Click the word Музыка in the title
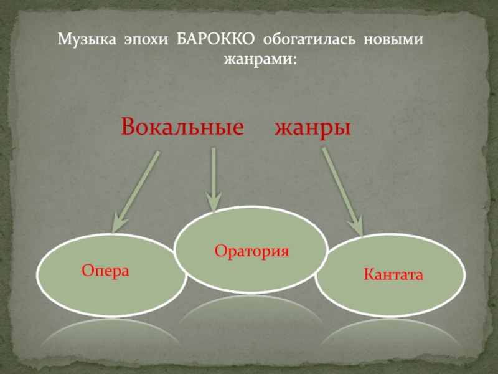click(87, 40)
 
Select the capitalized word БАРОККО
click(215, 39)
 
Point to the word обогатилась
click(309, 39)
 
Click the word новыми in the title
click(393, 40)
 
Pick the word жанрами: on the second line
click(260, 59)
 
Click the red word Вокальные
click(182, 127)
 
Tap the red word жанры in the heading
click(312, 129)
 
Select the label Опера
click(105, 271)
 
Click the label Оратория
click(252, 251)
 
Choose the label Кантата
click(393, 274)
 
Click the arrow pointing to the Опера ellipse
click(135, 192)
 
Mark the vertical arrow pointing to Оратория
click(214, 180)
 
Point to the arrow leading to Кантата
click(343, 192)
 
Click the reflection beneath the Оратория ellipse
click(251, 306)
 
